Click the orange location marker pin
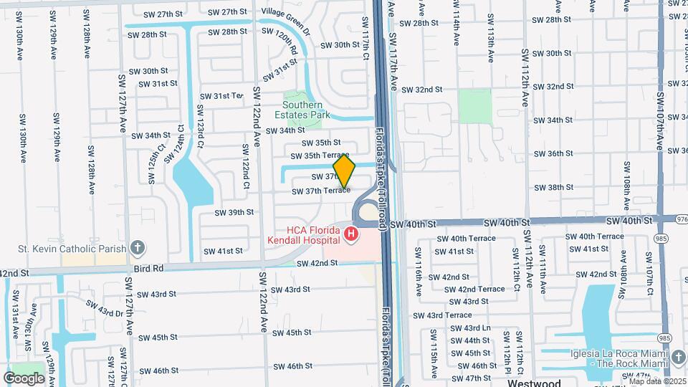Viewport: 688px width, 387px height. click(x=344, y=172)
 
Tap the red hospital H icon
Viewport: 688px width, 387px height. click(x=350, y=234)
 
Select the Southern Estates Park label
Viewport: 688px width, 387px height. click(x=302, y=110)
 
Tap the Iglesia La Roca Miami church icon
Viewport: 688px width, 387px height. click(x=678, y=357)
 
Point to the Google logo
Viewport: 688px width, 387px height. click(x=24, y=378)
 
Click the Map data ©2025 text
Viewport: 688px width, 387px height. click(x=656, y=381)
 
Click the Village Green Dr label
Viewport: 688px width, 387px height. click(x=286, y=12)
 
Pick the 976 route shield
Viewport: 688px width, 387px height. click(x=681, y=219)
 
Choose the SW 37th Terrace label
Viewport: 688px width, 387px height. click(x=320, y=191)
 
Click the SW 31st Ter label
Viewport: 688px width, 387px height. click(x=222, y=96)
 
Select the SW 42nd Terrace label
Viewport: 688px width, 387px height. click(x=480, y=289)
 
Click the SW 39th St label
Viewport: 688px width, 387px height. click(x=234, y=212)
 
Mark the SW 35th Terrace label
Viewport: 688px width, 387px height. click(x=319, y=156)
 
